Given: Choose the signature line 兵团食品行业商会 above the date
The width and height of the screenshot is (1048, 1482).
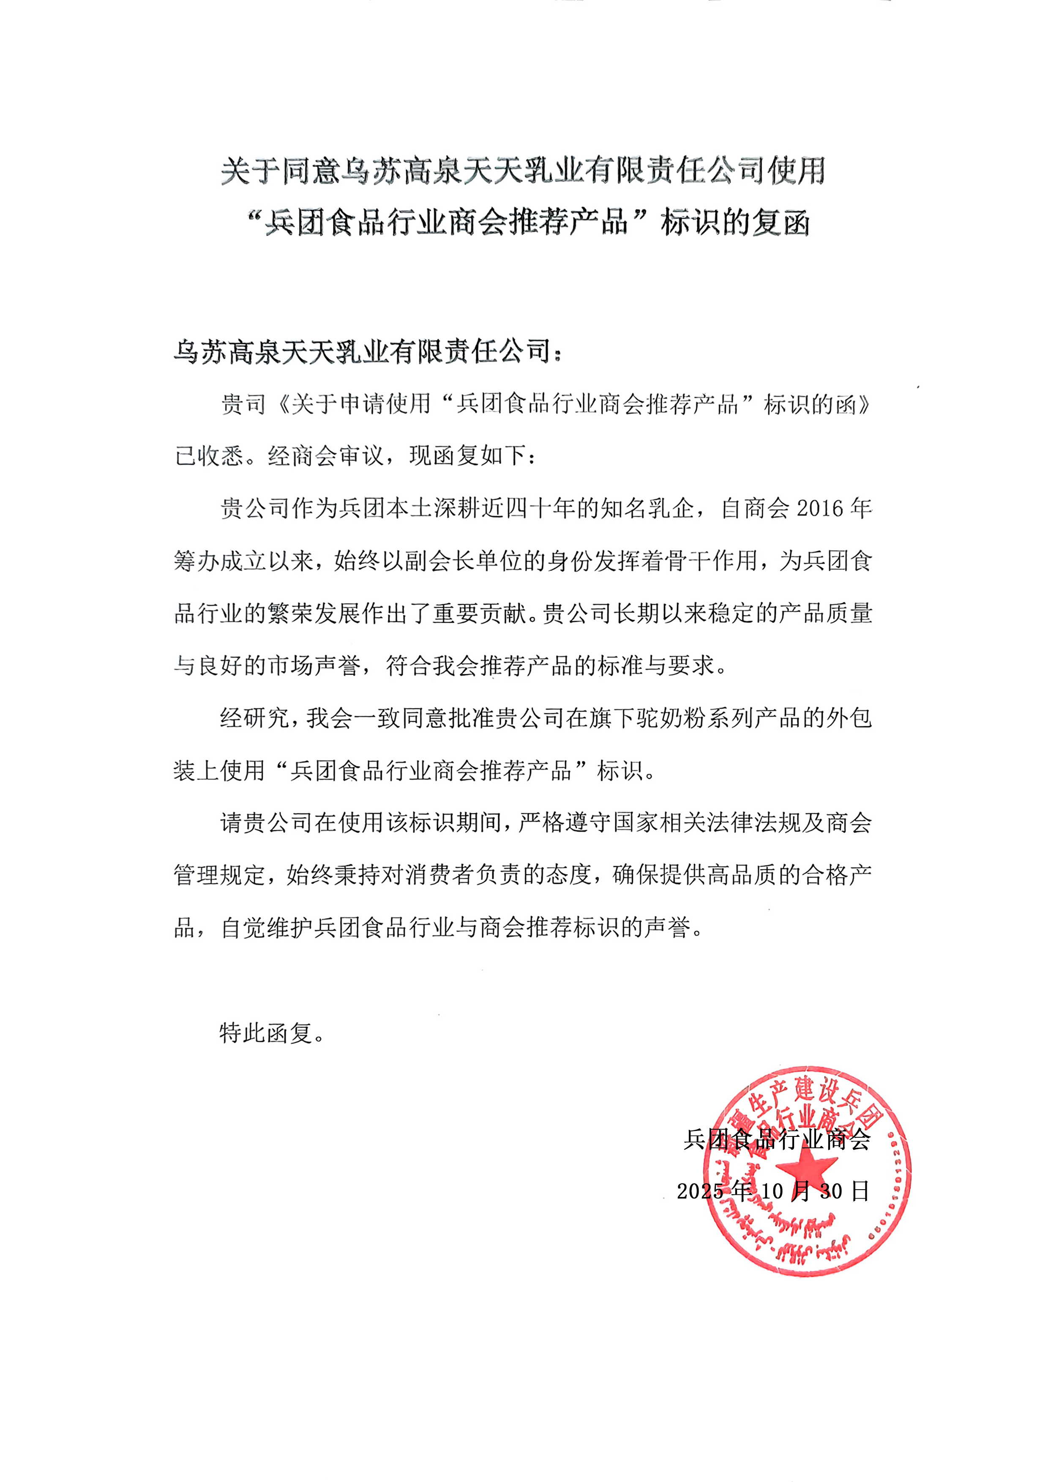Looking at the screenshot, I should coord(777,1140).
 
